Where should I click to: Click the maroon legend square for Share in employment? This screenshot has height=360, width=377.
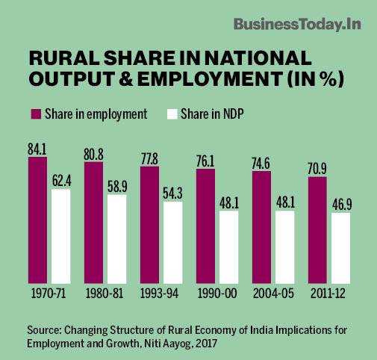pyautogui.click(x=34, y=115)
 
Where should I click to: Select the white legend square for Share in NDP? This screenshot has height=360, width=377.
pyautogui.click(x=170, y=115)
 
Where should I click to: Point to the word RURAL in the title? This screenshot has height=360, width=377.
pyautogui.click(x=63, y=58)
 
